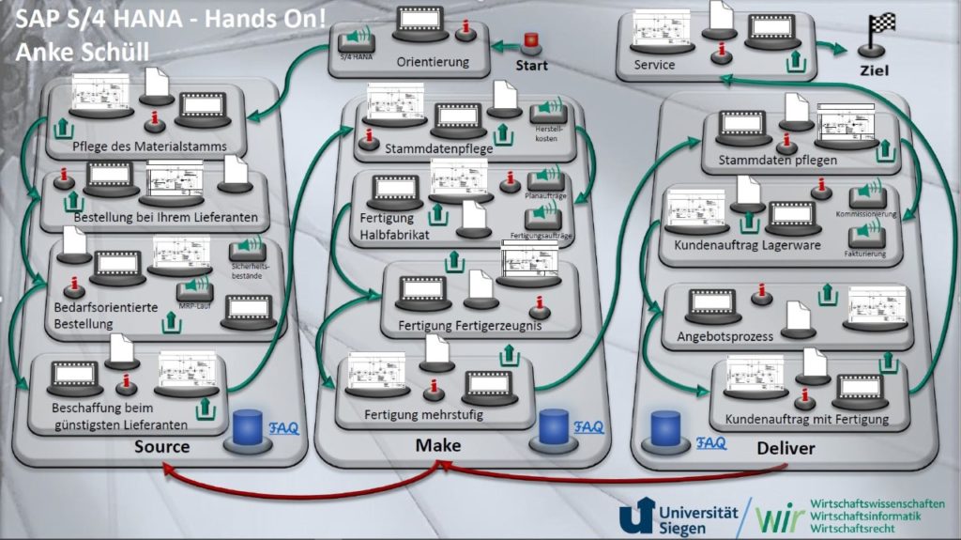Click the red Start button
click(532, 43)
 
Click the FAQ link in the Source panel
click(283, 428)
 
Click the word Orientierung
click(434, 64)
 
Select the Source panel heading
click(161, 446)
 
